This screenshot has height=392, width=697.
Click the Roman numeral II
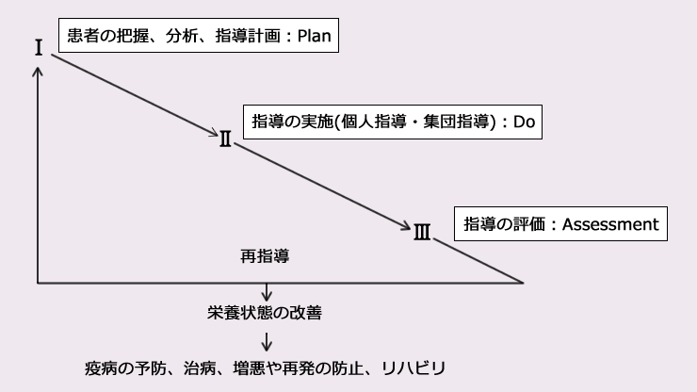click(x=226, y=139)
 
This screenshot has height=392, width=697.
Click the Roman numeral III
click(x=421, y=230)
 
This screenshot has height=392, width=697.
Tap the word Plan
click(x=316, y=38)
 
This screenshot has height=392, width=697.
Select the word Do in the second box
click(x=524, y=122)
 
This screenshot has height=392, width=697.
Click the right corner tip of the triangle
click(x=523, y=282)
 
